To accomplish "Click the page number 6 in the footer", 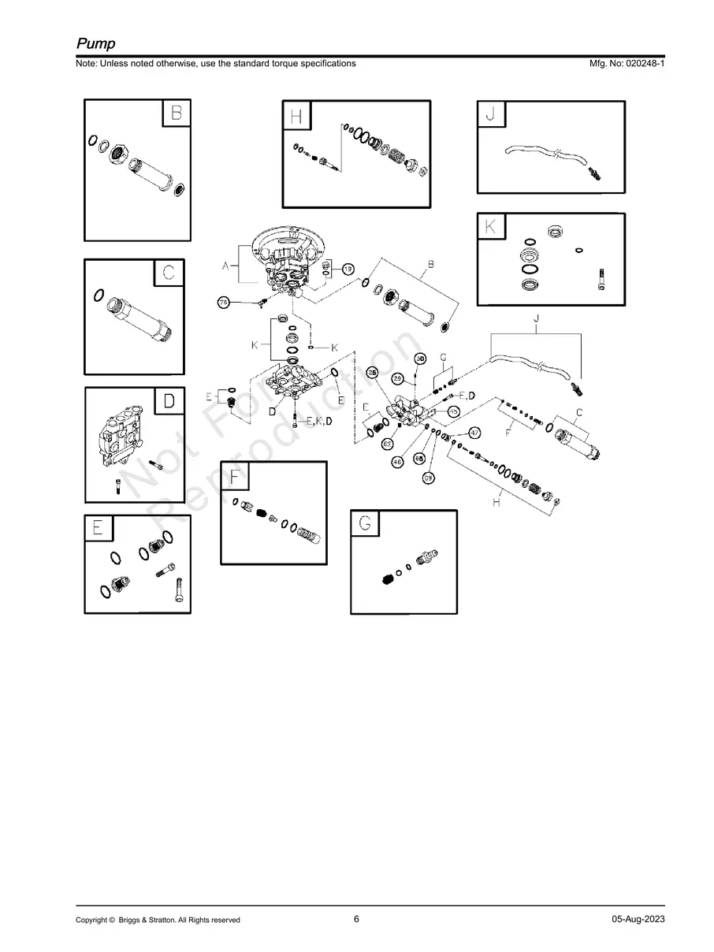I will pyautogui.click(x=356, y=919).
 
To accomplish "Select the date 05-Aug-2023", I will pyautogui.click(x=638, y=920).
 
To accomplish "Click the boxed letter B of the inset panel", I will pyautogui.click(x=176, y=113).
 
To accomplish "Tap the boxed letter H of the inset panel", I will pyautogui.click(x=296, y=117).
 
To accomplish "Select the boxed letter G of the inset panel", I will pyautogui.click(x=364, y=523).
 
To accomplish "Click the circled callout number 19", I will pyautogui.click(x=348, y=269).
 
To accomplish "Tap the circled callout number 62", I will pyautogui.click(x=388, y=444).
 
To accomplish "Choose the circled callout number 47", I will pyautogui.click(x=475, y=433).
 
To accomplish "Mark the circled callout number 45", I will pyautogui.click(x=454, y=411).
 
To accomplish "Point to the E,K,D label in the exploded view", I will pyautogui.click(x=319, y=422).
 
